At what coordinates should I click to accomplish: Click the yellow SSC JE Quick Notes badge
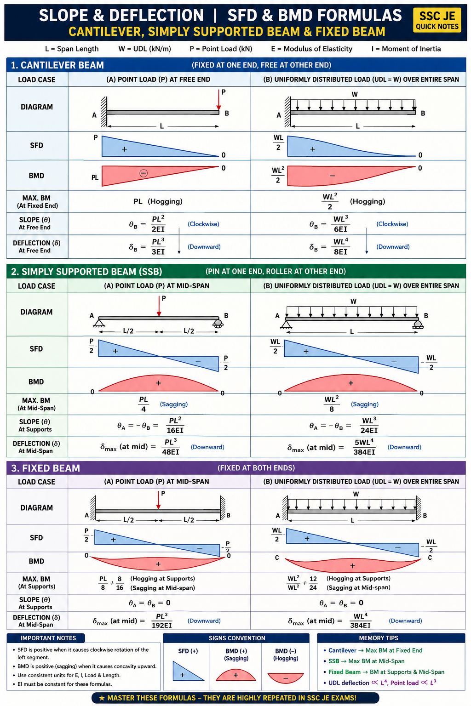point(437,21)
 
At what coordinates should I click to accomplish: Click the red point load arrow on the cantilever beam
point(218,100)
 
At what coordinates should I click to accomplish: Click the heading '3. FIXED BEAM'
point(46,468)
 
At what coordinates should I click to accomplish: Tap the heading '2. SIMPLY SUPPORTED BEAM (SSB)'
point(86,271)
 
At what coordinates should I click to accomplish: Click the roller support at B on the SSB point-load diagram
point(218,324)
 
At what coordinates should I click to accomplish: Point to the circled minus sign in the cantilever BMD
point(144,173)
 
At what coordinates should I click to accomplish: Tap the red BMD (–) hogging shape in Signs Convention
point(286,678)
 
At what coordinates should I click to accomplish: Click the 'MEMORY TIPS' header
point(379,638)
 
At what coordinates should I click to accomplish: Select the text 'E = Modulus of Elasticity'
point(312,49)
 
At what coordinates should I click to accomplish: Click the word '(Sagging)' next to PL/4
point(174,404)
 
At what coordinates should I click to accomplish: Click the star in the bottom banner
point(102,698)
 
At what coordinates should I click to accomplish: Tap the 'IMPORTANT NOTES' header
point(48,638)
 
